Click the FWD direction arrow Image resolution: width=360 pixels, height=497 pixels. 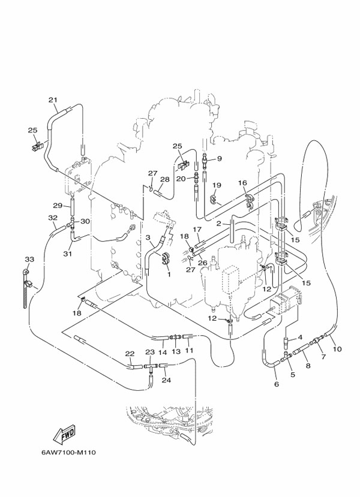pos(64,433)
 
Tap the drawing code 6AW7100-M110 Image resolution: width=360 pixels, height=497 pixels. pos(68,452)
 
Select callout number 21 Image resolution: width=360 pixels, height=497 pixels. pos(53,100)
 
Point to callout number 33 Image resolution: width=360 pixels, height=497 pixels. pos(29,259)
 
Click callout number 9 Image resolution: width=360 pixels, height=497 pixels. pos(220,158)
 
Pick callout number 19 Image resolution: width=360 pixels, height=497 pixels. pos(217,185)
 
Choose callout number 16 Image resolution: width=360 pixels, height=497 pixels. pos(242,183)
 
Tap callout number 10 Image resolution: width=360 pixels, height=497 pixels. pos(337,349)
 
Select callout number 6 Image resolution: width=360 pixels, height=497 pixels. pos(276,384)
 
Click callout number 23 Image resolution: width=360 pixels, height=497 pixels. pos(150,352)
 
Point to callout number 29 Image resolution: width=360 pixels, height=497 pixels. pos(58,206)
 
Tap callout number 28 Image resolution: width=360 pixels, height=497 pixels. pos(165,179)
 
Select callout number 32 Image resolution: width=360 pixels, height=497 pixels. pos(53,218)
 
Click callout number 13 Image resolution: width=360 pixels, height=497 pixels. pos(176,351)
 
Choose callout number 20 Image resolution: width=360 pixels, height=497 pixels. pos(181,179)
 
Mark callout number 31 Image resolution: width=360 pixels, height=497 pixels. pos(68,254)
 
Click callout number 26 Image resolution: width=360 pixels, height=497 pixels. pos(202,263)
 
